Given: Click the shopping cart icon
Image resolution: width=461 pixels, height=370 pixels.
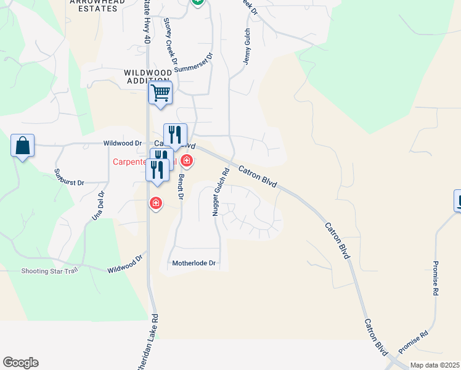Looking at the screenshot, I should coord(160,94).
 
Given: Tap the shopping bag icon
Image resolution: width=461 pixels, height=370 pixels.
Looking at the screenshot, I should coord(23,146).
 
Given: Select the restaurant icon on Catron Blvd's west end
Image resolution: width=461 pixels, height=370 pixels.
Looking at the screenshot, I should coord(175,135).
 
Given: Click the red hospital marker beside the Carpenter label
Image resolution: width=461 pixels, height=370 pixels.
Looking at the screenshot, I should coord(186,162).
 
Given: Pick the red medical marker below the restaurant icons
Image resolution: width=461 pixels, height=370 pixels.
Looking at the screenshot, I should coord(156,202).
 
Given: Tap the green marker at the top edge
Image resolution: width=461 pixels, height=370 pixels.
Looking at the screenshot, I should coord(197,2).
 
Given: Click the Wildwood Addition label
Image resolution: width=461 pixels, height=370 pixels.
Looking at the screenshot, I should coord(148,76).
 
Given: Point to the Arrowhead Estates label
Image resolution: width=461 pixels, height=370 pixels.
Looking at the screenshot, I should coord(97,2).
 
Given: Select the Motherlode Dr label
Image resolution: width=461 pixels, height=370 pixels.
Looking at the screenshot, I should coord(194,263).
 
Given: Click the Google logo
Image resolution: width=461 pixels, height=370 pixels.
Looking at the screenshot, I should coord(20,363).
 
